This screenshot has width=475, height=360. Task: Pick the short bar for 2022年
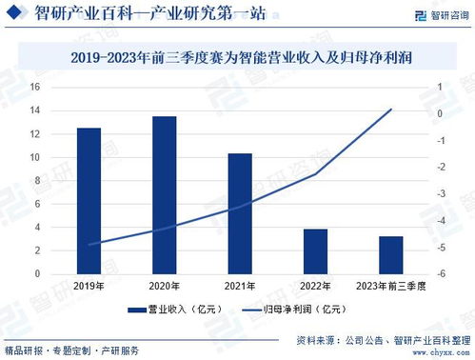click(x=315, y=250)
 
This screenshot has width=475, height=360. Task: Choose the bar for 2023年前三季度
click(x=390, y=254)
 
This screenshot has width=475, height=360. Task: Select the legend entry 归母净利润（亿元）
click(x=291, y=310)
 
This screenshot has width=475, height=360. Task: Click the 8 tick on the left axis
click(x=35, y=180)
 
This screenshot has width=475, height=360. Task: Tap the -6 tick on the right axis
click(x=442, y=274)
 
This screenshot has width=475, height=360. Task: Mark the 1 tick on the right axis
click(x=441, y=87)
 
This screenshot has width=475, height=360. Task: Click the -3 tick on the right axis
click(x=441, y=193)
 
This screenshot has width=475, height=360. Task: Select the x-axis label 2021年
click(x=240, y=286)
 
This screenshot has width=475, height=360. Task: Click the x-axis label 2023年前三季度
click(x=390, y=286)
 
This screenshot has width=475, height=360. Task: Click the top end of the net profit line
click(x=390, y=110)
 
